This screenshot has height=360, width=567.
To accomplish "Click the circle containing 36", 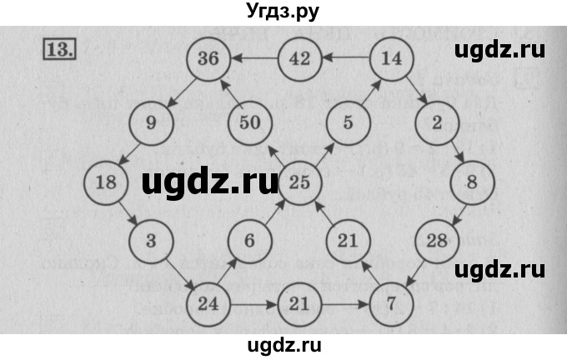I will [208, 60].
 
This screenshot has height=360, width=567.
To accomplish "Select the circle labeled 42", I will [299, 60].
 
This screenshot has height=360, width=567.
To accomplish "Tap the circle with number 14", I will [391, 60].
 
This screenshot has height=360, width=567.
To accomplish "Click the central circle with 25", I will [299, 182].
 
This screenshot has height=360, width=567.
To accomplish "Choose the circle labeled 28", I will [437, 242].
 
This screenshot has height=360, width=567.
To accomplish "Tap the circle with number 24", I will [208, 303].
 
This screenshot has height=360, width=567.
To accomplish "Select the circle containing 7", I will [391, 303].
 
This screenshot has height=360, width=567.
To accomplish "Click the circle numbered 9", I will [151, 122].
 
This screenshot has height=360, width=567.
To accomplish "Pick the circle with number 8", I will [472, 182].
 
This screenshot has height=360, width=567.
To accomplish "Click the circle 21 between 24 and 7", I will [299, 303].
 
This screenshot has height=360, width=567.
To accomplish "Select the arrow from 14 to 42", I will [345, 58].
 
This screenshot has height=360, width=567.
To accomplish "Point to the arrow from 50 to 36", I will [231, 92].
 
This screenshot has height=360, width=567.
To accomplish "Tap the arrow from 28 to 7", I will [414, 274].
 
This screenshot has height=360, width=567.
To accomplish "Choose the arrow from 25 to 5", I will [324, 152].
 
